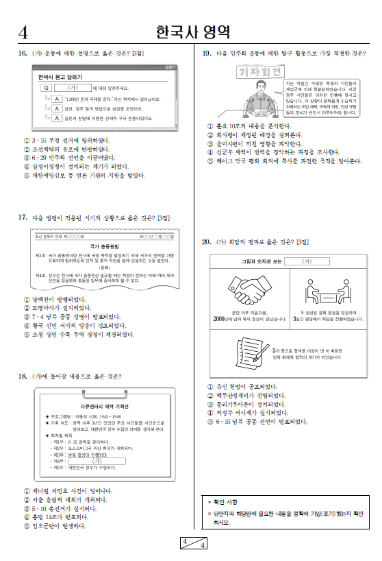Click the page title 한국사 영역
click(x=192, y=32)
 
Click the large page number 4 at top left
click(x=23, y=32)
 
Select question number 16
click(x=22, y=53)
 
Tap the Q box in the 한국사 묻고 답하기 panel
click(x=45, y=88)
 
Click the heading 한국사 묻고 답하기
click(x=62, y=77)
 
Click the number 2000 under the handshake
click(x=220, y=320)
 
